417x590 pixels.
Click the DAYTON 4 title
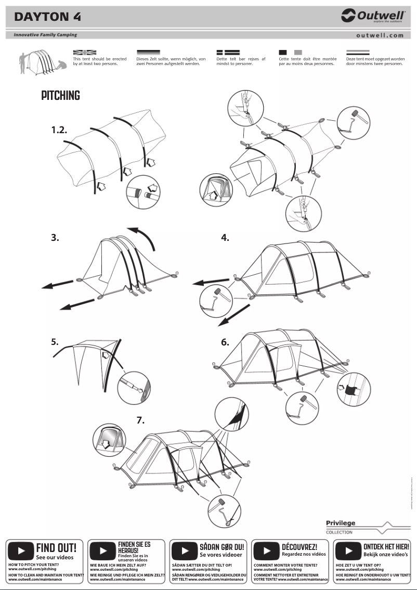[x=47, y=17]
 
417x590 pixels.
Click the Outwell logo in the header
[x=373, y=16]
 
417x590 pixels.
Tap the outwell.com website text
[x=380, y=35]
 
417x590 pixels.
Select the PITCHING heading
[x=61, y=96]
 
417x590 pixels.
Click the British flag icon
[x=85, y=53]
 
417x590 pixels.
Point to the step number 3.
[x=55, y=238]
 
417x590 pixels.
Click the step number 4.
[x=225, y=238]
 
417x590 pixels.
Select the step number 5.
[x=55, y=342]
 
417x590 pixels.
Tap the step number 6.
[x=225, y=342]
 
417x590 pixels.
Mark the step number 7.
[x=140, y=420]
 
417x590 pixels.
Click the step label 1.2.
[x=59, y=130]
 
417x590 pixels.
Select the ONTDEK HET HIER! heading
[x=386, y=547]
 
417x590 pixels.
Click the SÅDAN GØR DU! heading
[x=221, y=547]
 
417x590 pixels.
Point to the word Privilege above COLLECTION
[x=341, y=523]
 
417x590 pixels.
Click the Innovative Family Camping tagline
[x=45, y=35]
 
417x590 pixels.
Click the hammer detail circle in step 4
[x=214, y=300]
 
